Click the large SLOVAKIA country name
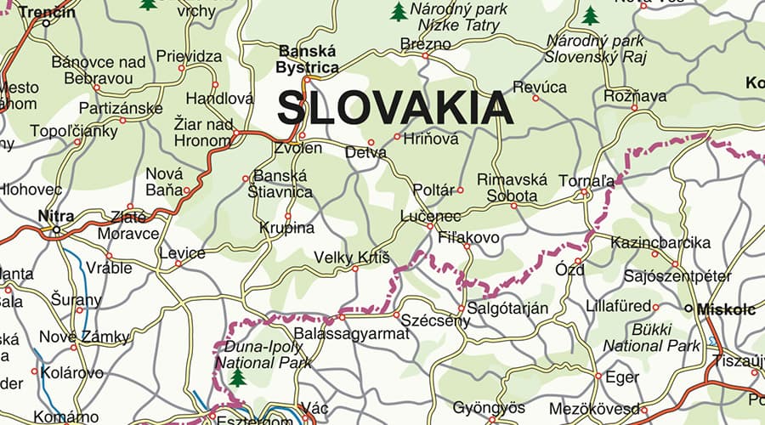click(x=395, y=109)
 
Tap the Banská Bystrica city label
click(x=308, y=59)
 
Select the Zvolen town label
click(x=298, y=149)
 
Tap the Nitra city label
click(x=56, y=216)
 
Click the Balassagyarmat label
click(x=351, y=333)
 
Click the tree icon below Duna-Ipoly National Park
click(x=237, y=377)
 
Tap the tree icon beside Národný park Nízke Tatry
click(x=398, y=12)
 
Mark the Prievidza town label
click(x=189, y=57)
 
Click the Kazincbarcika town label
click(x=660, y=243)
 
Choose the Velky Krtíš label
click(x=351, y=257)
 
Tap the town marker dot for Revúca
click(x=535, y=98)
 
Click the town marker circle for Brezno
click(x=425, y=56)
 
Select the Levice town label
click(x=182, y=253)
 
